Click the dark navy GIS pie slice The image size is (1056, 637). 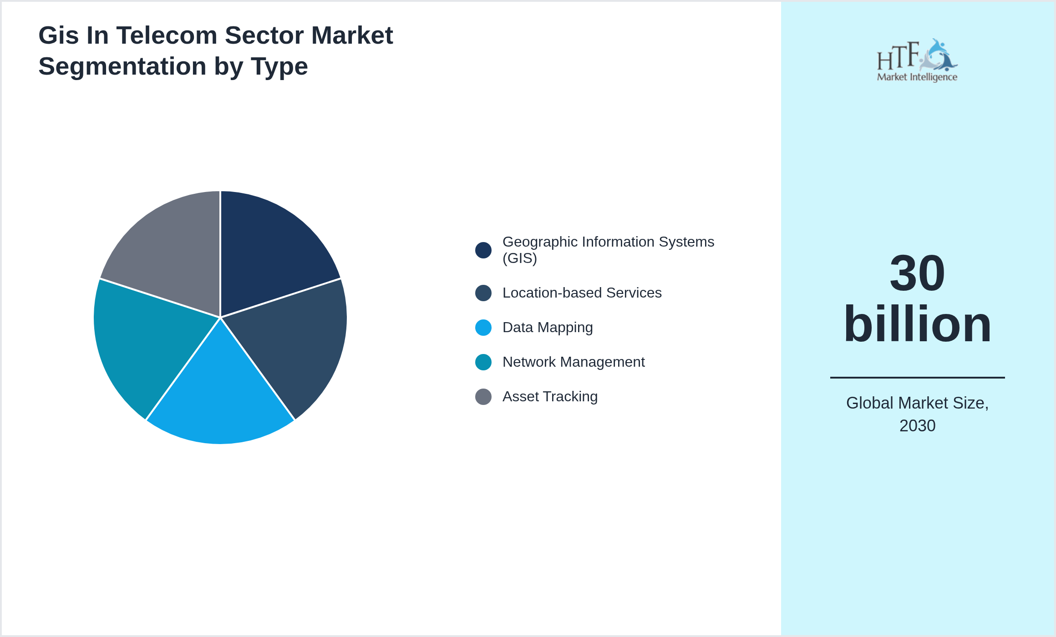(269, 250)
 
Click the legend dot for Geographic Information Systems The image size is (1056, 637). (483, 250)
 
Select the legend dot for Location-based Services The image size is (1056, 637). (483, 293)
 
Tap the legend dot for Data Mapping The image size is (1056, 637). (483, 328)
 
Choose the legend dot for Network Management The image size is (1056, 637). (483, 362)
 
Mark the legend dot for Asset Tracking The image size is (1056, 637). (483, 397)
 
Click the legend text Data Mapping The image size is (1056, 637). (548, 328)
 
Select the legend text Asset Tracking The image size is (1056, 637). (550, 397)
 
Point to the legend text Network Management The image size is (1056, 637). (574, 362)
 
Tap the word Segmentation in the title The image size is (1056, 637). (122, 66)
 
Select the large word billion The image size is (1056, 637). (917, 324)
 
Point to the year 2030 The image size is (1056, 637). (917, 426)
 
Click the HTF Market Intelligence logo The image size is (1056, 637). (917, 61)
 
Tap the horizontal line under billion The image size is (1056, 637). (917, 377)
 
